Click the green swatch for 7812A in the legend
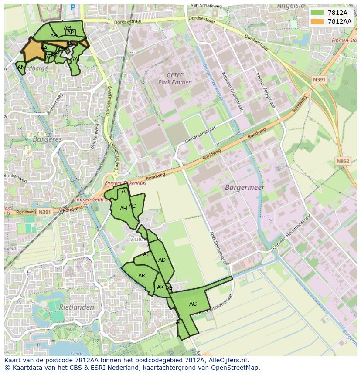coord(317,13)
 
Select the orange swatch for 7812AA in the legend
coord(317,21)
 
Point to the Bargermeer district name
coord(245,188)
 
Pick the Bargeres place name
coord(47,139)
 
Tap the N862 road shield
coord(343,161)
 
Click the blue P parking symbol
coord(72,7)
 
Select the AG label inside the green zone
coord(193,304)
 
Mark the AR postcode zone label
coord(142,276)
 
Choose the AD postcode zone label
coord(162,260)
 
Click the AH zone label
coord(123,209)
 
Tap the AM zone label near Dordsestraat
coord(68,28)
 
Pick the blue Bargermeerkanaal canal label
coord(213,83)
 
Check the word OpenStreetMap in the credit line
coord(236,368)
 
